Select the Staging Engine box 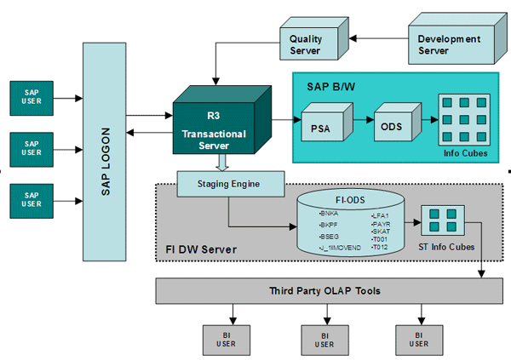point(230,182)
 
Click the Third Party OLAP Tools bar point(319,291)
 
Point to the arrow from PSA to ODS point(357,128)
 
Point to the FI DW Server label point(200,249)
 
